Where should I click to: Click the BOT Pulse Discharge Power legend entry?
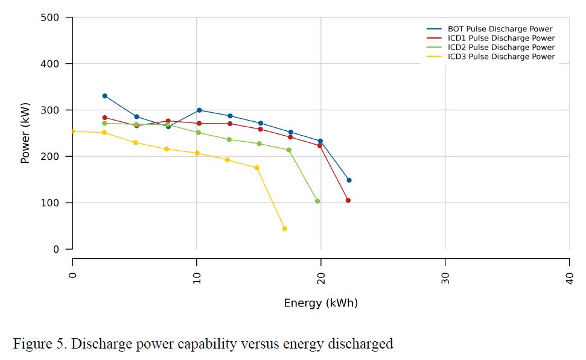pos(500,29)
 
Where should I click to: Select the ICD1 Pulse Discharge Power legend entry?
pos(501,38)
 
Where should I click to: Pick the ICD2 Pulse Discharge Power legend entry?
pos(501,48)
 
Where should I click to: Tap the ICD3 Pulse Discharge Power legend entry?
pos(501,57)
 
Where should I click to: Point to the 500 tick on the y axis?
pos(50,17)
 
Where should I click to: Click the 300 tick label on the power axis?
pos(50,110)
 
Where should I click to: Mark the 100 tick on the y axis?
pos(50,203)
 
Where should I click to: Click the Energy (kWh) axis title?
pos(320,303)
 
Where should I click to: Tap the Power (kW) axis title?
pos(25,133)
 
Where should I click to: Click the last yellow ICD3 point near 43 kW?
pos(284,229)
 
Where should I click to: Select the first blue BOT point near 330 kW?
pos(104,96)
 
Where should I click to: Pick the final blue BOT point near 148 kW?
pos(349,180)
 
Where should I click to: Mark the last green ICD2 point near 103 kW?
pos(317,201)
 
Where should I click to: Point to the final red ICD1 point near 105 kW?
pos(348,200)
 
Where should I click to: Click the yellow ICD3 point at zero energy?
pos(72,131)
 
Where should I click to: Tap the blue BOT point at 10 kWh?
pos(199,110)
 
